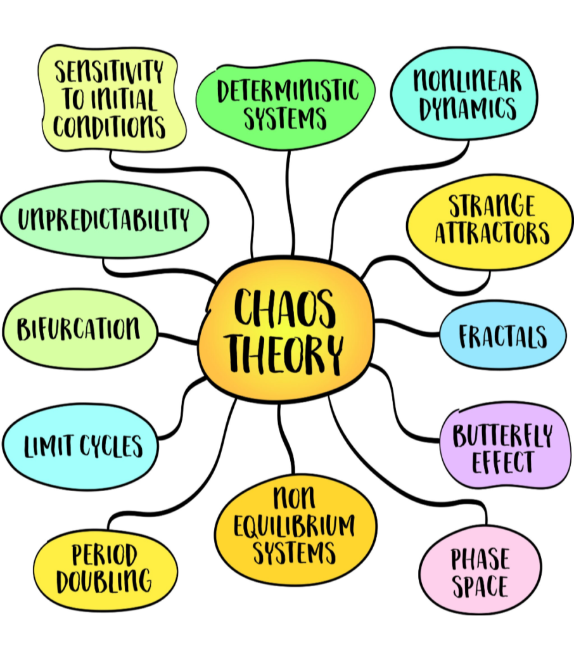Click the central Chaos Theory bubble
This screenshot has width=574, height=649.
(x=285, y=330)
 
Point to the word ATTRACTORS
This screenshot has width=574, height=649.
(x=492, y=233)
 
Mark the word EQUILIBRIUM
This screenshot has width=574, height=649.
(x=295, y=525)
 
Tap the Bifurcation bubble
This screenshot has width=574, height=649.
(x=79, y=329)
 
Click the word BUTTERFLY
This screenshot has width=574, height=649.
(x=502, y=436)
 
